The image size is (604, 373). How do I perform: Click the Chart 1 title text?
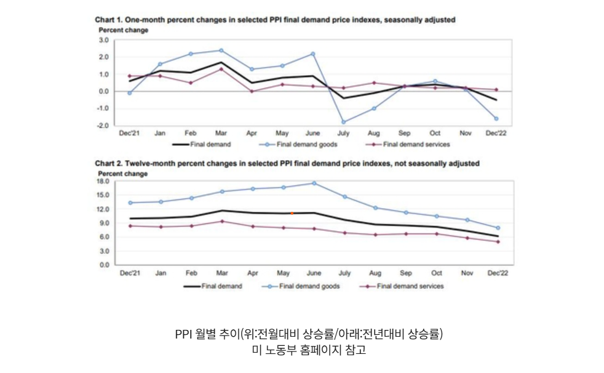[275, 20]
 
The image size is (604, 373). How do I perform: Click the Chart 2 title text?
[287, 164]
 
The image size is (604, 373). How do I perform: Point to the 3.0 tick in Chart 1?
[103, 40]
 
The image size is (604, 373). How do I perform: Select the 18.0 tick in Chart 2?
[102, 181]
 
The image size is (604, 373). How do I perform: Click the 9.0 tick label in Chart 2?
[104, 223]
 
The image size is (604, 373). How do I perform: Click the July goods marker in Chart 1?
[344, 122]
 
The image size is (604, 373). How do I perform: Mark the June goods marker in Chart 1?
[313, 54]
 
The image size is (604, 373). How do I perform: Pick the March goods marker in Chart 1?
[221, 50]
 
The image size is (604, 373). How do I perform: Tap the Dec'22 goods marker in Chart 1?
[496, 118]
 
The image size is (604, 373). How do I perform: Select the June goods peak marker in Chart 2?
[314, 183]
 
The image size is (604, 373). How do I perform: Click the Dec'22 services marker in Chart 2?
[497, 242]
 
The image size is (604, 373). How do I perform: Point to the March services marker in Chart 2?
[221, 222]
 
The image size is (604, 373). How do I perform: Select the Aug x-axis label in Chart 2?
[375, 273]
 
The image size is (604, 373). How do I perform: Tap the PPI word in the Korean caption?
[184, 334]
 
